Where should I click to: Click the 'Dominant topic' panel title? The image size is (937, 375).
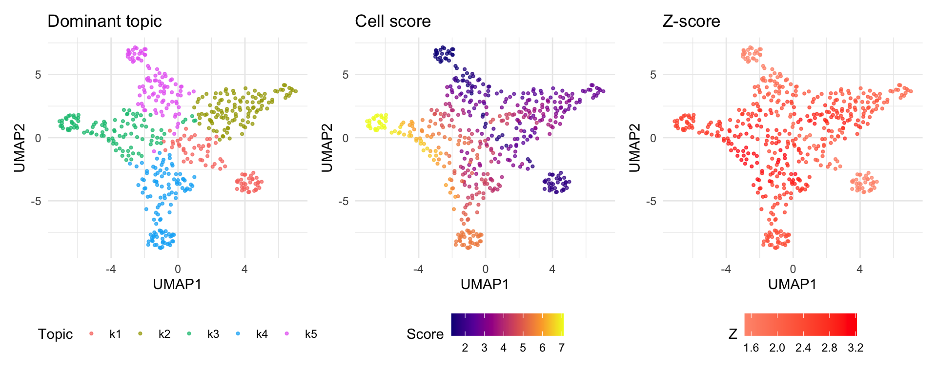point(104,21)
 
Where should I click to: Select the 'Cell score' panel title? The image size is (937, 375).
point(393,21)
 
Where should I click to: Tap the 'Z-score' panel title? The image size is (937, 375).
point(692,21)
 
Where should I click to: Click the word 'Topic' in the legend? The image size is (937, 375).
point(55,334)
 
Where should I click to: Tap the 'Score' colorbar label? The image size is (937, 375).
point(425,334)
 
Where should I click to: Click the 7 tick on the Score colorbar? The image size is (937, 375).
point(562,348)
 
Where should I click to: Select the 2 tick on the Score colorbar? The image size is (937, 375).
point(465,348)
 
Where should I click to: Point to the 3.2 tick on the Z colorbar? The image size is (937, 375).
point(856,348)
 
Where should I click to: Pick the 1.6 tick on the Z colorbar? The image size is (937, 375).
point(751,348)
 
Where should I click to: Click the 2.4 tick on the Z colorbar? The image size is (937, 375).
point(803,348)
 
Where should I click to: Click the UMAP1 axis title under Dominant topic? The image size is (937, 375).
point(178,285)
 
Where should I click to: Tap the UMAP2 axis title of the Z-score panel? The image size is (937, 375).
point(634,148)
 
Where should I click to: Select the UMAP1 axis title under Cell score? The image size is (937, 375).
point(485,285)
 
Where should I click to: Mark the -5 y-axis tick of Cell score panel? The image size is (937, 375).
point(345,201)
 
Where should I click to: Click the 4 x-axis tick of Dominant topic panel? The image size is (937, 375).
point(244,269)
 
